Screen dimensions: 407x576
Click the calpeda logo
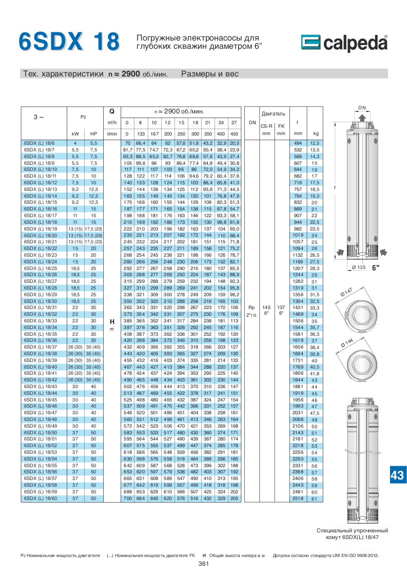344,43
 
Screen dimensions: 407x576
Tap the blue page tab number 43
397,475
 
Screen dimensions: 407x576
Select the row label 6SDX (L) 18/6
39,143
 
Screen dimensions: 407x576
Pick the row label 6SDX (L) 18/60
41,498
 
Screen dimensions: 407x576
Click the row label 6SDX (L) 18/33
41,321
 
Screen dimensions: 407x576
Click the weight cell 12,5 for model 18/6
315,143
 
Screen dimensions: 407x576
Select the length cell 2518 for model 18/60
298,498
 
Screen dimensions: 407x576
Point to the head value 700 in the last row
127,498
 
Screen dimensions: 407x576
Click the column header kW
75,133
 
